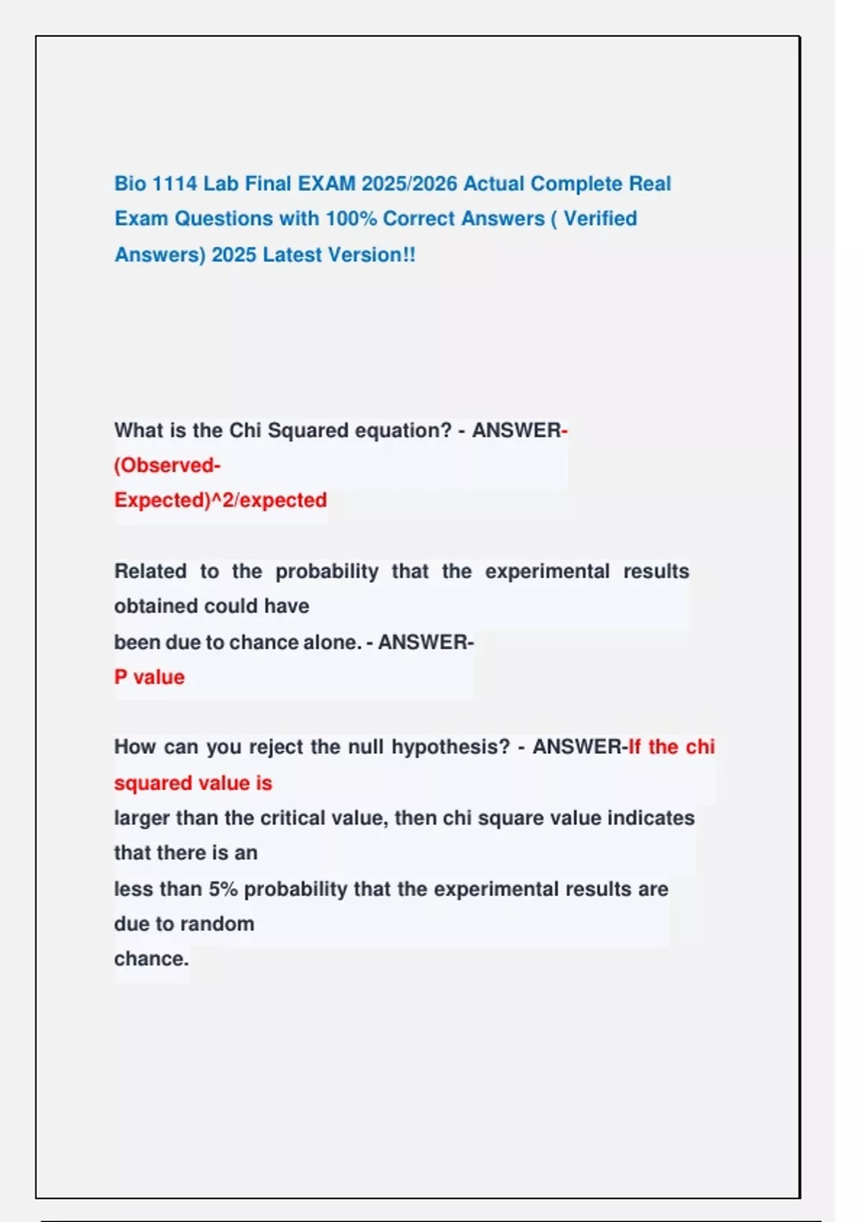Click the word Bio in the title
[129, 183]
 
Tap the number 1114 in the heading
[175, 183]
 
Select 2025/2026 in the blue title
[409, 183]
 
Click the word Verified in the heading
[600, 219]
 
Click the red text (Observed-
[167, 465]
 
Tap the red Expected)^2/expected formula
[220, 500]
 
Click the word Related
[150, 571]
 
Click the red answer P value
[149, 676]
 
